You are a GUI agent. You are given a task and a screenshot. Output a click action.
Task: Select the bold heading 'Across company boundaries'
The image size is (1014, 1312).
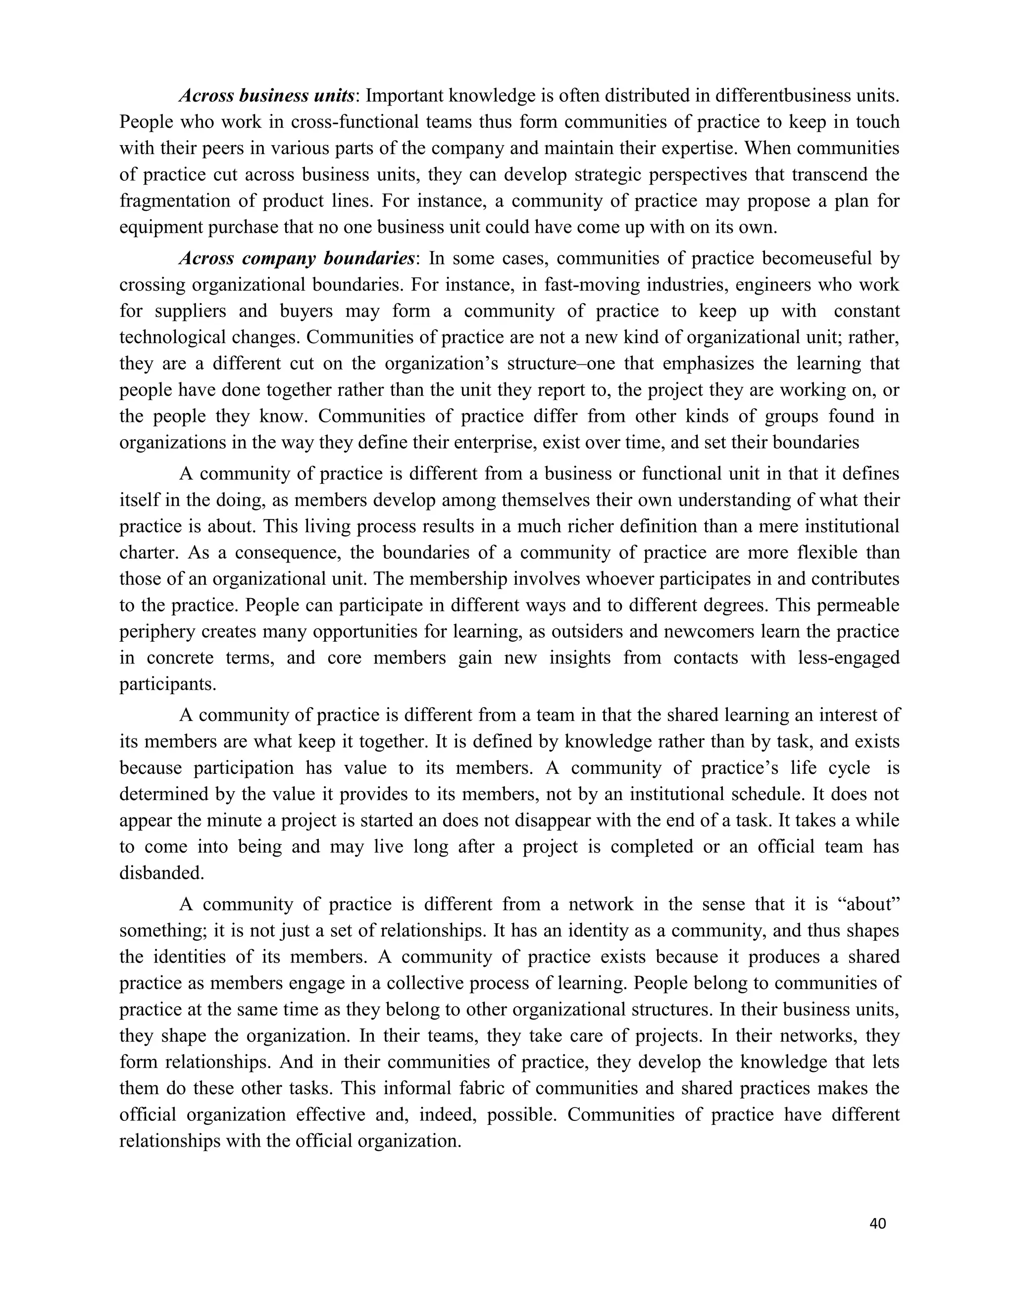coord(297,259)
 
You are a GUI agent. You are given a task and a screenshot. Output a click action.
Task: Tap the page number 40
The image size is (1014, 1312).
coord(878,1224)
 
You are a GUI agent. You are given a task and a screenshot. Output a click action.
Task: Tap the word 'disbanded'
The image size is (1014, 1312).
coord(161,873)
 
